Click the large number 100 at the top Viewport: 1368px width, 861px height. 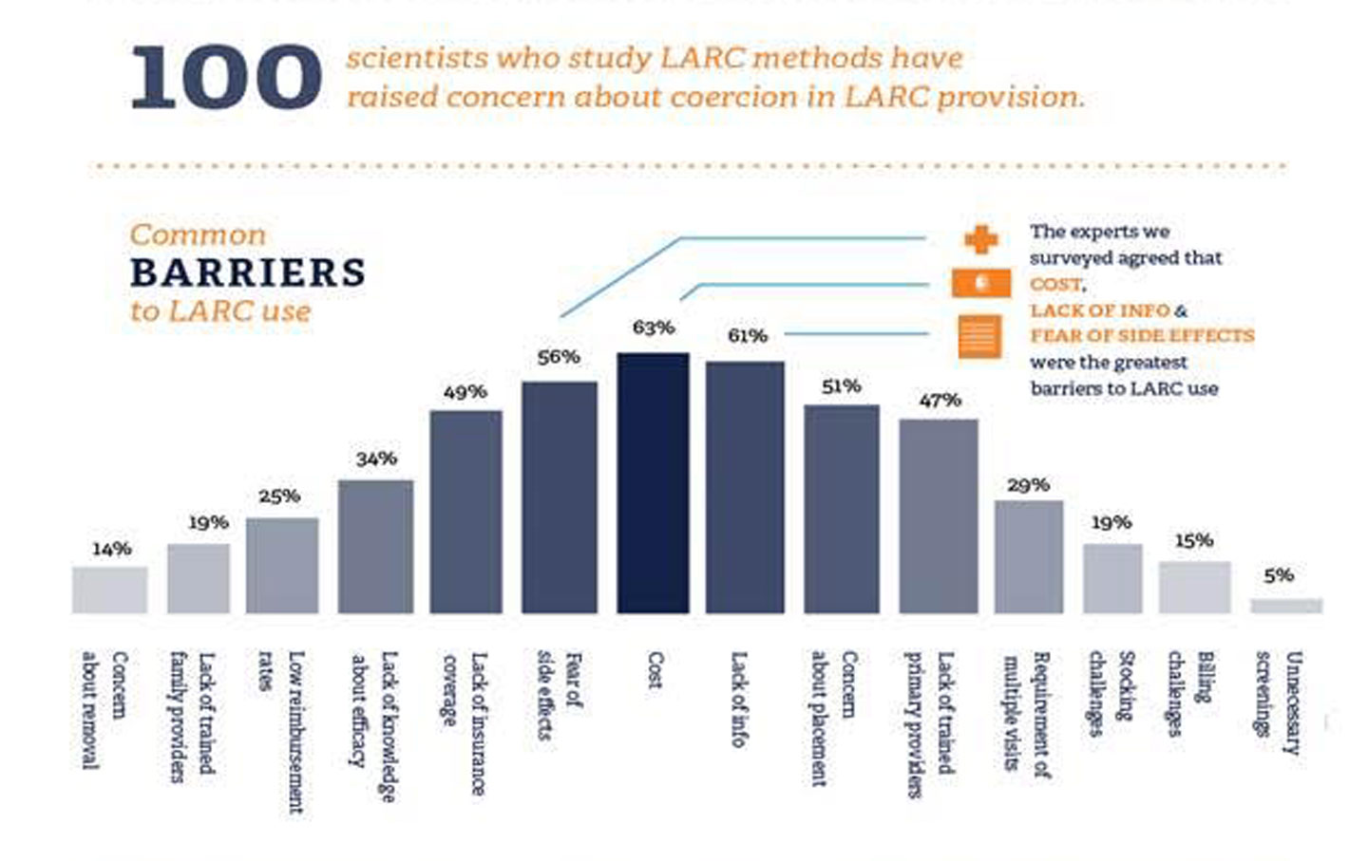click(226, 77)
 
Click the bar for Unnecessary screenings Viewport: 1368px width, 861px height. click(1286, 605)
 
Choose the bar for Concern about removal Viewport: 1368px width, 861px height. click(110, 590)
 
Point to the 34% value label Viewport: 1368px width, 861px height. click(376, 459)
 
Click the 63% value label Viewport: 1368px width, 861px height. click(654, 328)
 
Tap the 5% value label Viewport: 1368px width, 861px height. click(1279, 576)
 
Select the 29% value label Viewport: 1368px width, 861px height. click(1028, 486)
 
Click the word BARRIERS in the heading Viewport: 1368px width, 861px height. click(248, 273)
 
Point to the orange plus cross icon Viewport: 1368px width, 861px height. click(980, 238)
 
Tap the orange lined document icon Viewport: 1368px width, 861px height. click(979, 336)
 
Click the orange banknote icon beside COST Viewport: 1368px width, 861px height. click(980, 283)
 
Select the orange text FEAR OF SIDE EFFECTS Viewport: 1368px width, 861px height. click(1142, 336)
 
